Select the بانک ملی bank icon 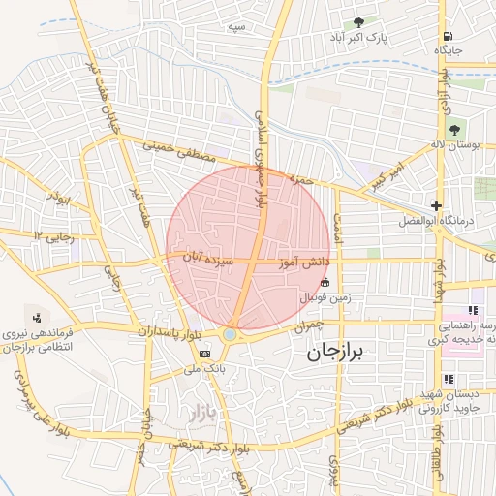[203, 355]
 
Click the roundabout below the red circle [230, 335]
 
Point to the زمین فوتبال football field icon [325, 281]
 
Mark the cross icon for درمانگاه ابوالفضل [437, 205]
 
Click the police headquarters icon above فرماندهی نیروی [38, 318]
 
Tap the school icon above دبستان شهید [448, 379]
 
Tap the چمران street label [303, 327]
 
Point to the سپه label [235, 27]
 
